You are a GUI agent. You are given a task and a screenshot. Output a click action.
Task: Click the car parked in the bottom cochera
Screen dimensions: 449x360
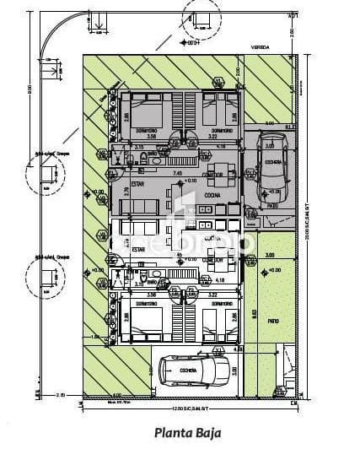pos(193,369)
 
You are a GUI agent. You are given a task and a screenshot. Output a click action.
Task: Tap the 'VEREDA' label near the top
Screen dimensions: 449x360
pos(259,48)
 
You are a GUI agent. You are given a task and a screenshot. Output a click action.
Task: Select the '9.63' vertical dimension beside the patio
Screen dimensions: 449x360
pos(254,313)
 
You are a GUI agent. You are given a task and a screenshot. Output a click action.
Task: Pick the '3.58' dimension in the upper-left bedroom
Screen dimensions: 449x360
pos(152,135)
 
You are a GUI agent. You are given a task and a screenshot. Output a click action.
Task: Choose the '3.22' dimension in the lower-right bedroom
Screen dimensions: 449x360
pos(212,295)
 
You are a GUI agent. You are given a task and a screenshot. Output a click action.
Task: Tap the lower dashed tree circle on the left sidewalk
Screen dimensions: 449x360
pos(44,276)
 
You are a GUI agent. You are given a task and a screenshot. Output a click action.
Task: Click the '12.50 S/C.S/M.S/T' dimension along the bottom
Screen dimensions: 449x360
pos(185,409)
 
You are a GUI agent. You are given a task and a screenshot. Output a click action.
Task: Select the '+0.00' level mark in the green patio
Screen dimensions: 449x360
pos(274,270)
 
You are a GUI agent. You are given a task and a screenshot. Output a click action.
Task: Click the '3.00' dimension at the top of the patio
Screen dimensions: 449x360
pos(270,254)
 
